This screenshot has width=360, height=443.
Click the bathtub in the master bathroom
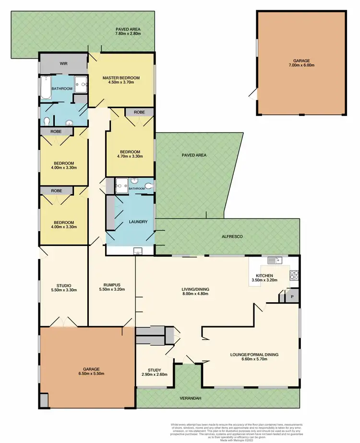47,87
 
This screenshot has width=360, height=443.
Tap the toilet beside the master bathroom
47,120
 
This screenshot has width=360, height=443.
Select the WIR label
63,63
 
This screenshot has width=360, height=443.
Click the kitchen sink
274,260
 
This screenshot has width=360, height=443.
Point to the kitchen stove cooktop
293,275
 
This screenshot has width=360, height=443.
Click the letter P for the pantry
292,297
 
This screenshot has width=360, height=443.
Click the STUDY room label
154,370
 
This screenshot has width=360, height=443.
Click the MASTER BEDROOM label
120,78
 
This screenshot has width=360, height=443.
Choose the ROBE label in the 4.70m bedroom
139,112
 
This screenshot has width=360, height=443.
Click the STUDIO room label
63,284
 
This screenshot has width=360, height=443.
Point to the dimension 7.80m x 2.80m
127,34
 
